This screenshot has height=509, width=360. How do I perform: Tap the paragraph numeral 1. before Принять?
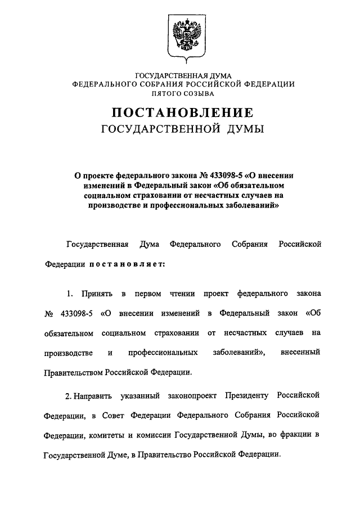click(x=70, y=294)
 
